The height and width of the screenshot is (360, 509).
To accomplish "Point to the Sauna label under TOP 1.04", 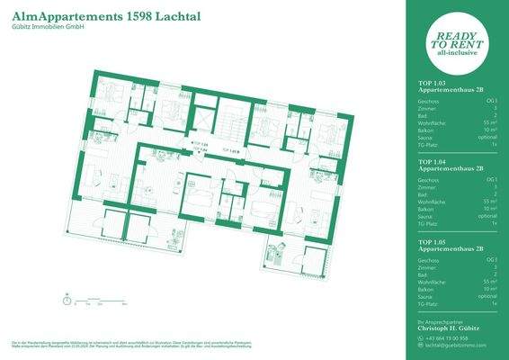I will [x=429, y=216].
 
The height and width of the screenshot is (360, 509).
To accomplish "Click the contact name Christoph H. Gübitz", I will [x=456, y=328].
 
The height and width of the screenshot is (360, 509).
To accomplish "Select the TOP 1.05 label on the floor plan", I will [x=231, y=152].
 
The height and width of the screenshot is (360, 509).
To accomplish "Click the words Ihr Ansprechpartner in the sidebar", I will [x=442, y=321].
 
